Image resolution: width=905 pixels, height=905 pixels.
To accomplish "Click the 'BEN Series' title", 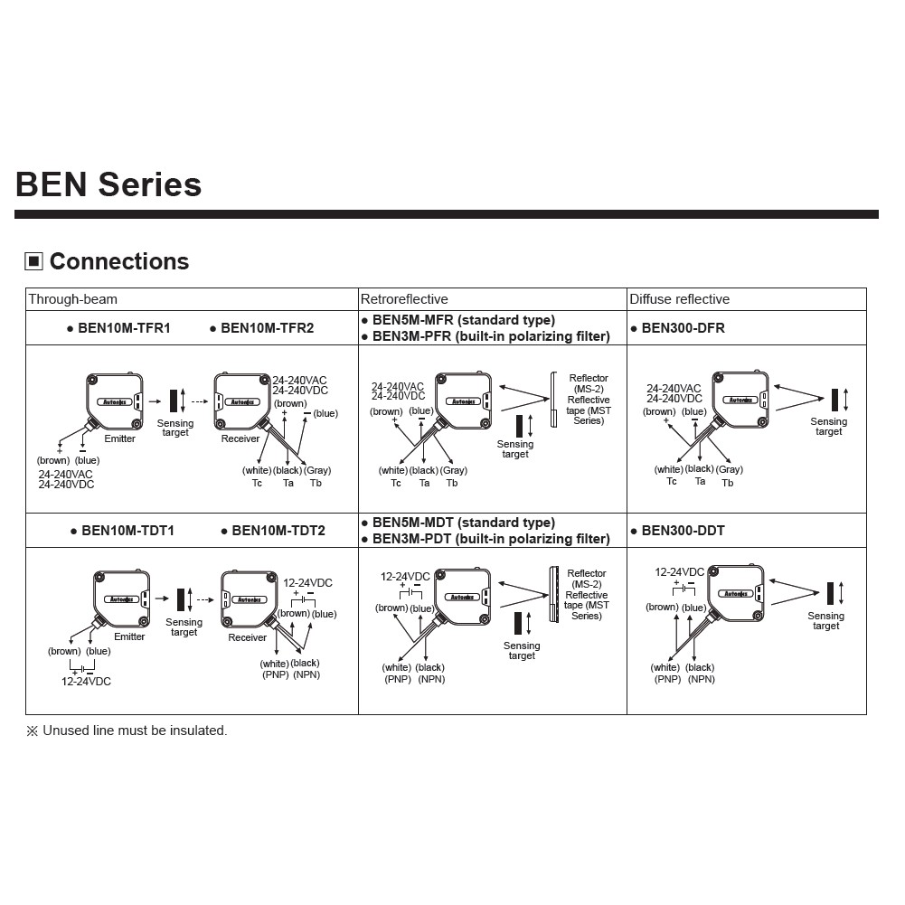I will tap(108, 184).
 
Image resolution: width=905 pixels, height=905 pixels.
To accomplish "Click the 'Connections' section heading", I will tap(118, 261).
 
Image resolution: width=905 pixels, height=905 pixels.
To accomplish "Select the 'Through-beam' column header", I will tap(72, 299).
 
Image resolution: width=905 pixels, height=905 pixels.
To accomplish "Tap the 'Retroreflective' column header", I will tap(404, 299).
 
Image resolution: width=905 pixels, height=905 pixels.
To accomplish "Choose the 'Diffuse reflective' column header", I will tap(679, 299).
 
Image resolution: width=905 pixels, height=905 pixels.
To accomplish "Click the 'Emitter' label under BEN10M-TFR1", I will tap(119, 438).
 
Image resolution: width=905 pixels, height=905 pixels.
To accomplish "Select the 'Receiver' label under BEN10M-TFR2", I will tap(240, 438).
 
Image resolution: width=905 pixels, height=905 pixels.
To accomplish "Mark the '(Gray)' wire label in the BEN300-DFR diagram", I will tap(729, 469).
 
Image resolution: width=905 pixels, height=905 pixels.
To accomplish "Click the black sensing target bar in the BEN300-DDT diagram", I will tap(831, 593).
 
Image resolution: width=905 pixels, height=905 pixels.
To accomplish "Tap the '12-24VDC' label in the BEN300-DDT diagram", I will tap(679, 572).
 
